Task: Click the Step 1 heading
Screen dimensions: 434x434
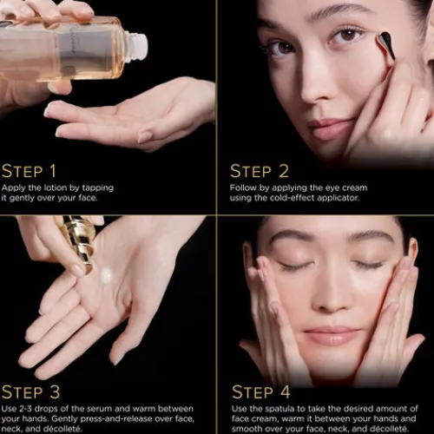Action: coord(29,171)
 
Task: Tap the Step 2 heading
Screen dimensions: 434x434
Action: coord(260,171)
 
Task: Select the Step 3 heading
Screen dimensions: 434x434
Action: coord(30,392)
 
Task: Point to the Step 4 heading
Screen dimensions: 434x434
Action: coord(261,392)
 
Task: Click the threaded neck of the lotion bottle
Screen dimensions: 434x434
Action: coord(136,46)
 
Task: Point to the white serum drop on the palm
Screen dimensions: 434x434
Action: coord(106,275)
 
